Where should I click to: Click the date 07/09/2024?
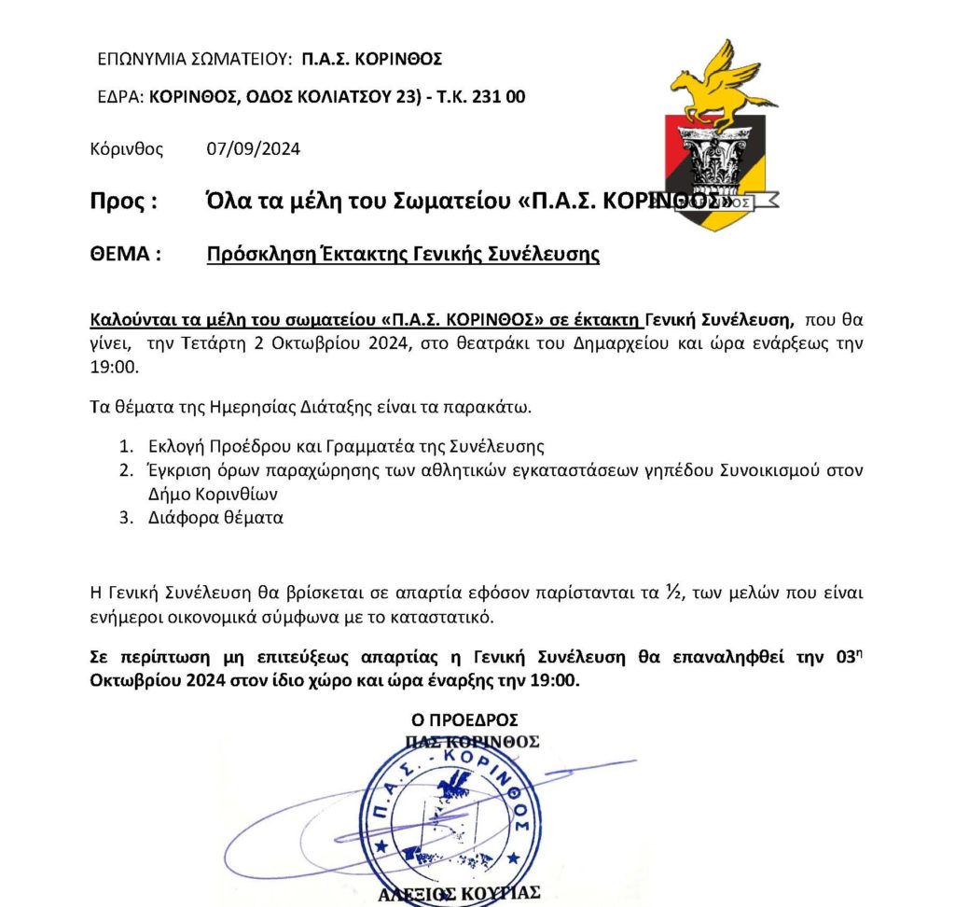[x=253, y=148]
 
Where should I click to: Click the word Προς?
[x=117, y=202]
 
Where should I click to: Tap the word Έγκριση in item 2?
[x=174, y=469]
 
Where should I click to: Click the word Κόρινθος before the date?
[x=127, y=148]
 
